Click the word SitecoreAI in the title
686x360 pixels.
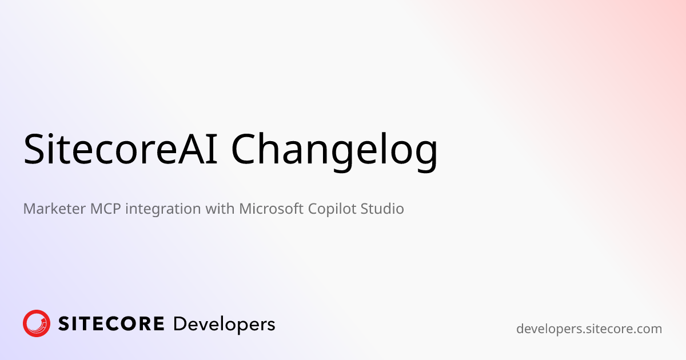[121, 149]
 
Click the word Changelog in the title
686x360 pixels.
[334, 151]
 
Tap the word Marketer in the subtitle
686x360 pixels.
[54, 209]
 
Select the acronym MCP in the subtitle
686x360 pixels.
[105, 209]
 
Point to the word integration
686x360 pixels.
[163, 209]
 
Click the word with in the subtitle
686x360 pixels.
[220, 209]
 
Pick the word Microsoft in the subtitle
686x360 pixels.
[271, 209]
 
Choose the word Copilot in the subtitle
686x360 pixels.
[332, 209]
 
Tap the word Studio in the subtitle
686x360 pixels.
[382, 209]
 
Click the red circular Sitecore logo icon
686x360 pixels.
[37, 323]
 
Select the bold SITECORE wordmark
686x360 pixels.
[111, 324]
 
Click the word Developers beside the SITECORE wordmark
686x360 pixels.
[224, 325]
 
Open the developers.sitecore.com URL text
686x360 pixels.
[589, 329]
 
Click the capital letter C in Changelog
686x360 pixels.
[244, 149]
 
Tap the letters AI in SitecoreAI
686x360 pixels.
[198, 149]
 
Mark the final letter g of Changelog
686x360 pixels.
[426, 156]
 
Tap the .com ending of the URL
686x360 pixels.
[647, 329]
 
